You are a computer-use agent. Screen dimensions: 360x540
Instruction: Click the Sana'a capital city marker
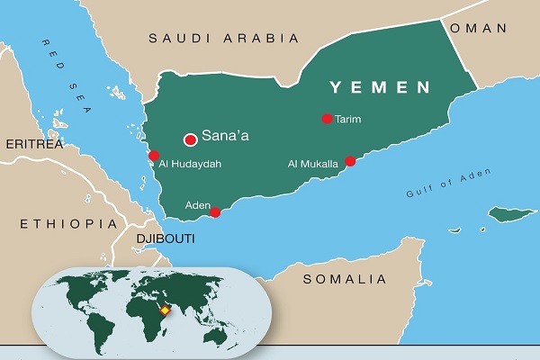click(x=190, y=139)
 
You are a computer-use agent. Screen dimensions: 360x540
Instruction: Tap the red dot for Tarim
click(x=328, y=118)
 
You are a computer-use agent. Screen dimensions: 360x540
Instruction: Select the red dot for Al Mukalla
click(x=351, y=161)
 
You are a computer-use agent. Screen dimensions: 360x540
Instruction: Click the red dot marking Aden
click(x=215, y=212)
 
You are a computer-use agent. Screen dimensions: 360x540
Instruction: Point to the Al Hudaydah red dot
click(x=154, y=156)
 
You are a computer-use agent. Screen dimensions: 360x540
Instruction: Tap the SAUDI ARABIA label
click(x=223, y=38)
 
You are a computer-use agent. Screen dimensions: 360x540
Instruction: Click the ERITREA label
click(x=33, y=144)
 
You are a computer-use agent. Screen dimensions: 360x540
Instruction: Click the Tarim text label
click(x=347, y=119)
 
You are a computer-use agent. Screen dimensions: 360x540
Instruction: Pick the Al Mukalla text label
click(x=312, y=164)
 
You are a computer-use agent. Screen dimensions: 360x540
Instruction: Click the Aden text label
click(x=197, y=205)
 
